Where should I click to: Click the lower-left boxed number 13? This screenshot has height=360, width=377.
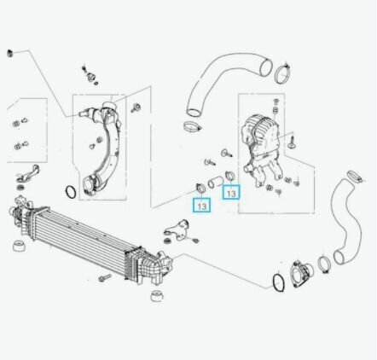[x=201, y=205]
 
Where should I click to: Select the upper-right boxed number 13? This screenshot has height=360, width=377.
[x=231, y=192]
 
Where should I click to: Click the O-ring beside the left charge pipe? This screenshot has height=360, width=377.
[x=71, y=191]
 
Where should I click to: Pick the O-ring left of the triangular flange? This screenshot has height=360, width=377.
[x=279, y=282]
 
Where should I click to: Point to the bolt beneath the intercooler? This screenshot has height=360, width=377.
[x=105, y=277]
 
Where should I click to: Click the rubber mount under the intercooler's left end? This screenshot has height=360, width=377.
[x=20, y=246]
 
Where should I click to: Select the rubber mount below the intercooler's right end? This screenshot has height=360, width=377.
[x=157, y=296]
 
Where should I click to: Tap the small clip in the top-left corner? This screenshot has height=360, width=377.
[x=10, y=53]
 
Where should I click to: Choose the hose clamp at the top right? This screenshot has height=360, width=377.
[x=283, y=74]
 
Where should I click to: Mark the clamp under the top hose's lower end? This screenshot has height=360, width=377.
[x=193, y=127]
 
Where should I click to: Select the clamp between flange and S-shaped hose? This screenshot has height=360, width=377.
[x=323, y=264]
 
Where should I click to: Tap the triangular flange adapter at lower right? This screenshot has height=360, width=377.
[x=301, y=274]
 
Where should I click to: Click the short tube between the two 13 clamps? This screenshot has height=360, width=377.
[x=216, y=182]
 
